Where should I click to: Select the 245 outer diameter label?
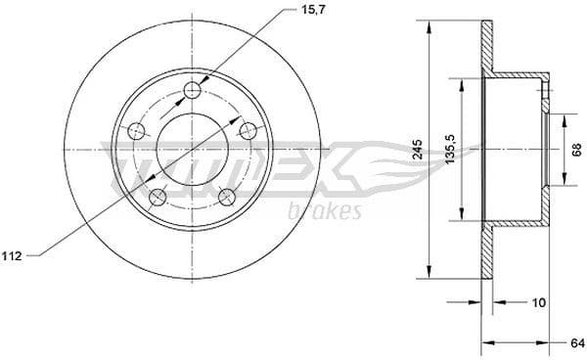pyautogui.click(x=418, y=149)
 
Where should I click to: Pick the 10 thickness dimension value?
pyautogui.click(x=536, y=302)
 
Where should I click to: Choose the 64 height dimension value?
pyautogui.click(x=577, y=342)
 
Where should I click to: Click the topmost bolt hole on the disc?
pyautogui.click(x=193, y=92)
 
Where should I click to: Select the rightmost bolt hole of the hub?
pyautogui.click(x=248, y=131)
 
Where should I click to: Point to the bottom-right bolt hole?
pyautogui.click(x=227, y=197)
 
